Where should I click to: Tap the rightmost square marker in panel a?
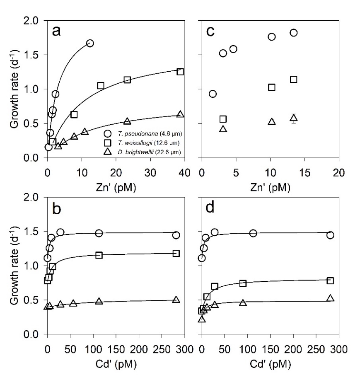point(180,72)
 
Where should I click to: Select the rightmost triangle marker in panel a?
point(180,114)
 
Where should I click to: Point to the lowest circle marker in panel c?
point(213,94)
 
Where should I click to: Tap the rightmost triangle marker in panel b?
point(176,300)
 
